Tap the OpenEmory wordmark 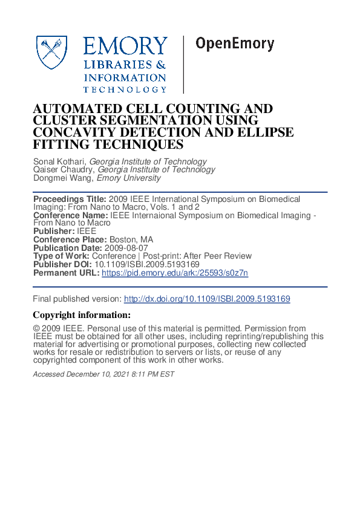click(235, 44)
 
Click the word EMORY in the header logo click(125, 46)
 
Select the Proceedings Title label click(70, 199)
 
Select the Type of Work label click(61, 256)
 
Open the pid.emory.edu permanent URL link click(175, 273)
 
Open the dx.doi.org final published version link click(207, 299)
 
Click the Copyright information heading click(81, 315)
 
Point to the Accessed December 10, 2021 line click(103, 374)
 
